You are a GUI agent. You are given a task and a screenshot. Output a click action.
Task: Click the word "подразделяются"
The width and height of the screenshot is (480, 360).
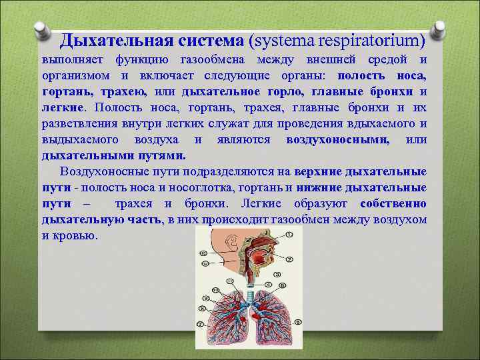click(x=233, y=171)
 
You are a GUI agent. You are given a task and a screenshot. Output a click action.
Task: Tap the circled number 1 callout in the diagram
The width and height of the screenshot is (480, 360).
click(x=287, y=234)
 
